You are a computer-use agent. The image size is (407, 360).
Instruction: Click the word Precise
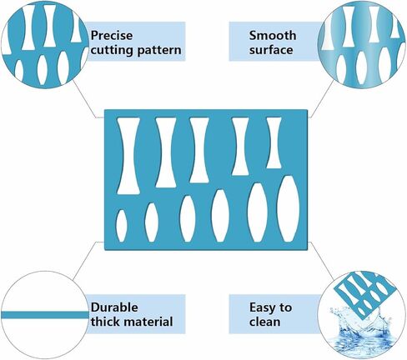(112, 36)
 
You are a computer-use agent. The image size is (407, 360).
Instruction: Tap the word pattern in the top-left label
(159, 50)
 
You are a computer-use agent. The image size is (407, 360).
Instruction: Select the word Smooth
(273, 36)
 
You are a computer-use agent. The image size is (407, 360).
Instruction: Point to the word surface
(271, 50)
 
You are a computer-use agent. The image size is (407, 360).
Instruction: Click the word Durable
(114, 307)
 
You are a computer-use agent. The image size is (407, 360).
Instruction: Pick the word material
(148, 322)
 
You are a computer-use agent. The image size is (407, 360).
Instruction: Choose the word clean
(264, 322)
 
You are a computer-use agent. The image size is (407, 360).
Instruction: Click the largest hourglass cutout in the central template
(128, 156)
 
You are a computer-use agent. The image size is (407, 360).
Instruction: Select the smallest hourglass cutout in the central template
(274, 142)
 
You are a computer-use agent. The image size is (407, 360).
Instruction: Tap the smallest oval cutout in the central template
(121, 226)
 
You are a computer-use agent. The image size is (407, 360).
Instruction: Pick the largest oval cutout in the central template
(289, 208)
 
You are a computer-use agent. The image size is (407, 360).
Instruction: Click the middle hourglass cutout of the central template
(199, 150)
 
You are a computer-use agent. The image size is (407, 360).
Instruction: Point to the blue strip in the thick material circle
(44, 315)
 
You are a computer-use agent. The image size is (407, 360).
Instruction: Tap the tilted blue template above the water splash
(364, 294)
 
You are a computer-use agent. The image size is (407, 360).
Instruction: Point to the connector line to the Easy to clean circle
(321, 261)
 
